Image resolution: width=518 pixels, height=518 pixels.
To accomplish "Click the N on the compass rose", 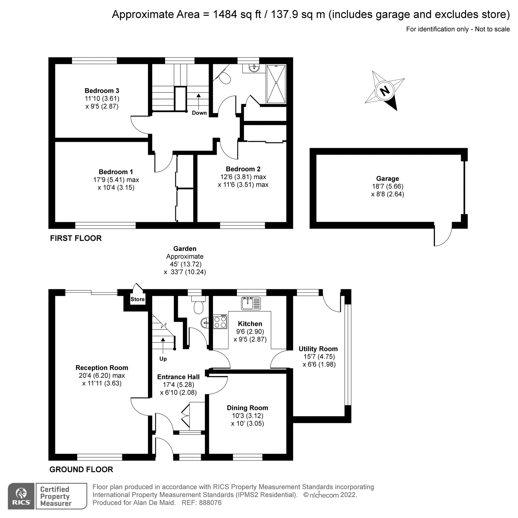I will coord(385,91).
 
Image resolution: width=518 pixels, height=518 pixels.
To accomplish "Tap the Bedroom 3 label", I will coord(102,91).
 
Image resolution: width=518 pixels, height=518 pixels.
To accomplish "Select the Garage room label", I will coord(387,178).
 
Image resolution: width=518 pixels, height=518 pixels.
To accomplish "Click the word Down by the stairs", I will coord(199,113).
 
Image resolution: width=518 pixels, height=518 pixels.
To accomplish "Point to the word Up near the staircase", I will coord(163,359).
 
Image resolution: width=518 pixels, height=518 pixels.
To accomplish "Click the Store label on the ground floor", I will coord(138,299).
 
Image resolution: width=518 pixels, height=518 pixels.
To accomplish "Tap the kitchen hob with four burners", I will coord(220,322).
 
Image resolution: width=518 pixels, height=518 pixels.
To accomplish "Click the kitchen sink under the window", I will coord(251,303).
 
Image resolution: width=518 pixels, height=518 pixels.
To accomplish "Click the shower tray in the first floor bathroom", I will coord(276,84).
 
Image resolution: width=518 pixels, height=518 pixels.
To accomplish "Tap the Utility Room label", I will coord(318,349).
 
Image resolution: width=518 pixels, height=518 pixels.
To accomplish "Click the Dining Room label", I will coord(247,408).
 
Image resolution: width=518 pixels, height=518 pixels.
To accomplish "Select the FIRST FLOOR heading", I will coord(76,238).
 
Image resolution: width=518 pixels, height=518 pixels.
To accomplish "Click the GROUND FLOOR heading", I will coord(81,470).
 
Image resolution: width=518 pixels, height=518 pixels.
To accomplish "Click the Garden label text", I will coord(185,249).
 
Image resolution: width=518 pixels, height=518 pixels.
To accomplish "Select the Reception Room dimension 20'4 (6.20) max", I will coord(102,376).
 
